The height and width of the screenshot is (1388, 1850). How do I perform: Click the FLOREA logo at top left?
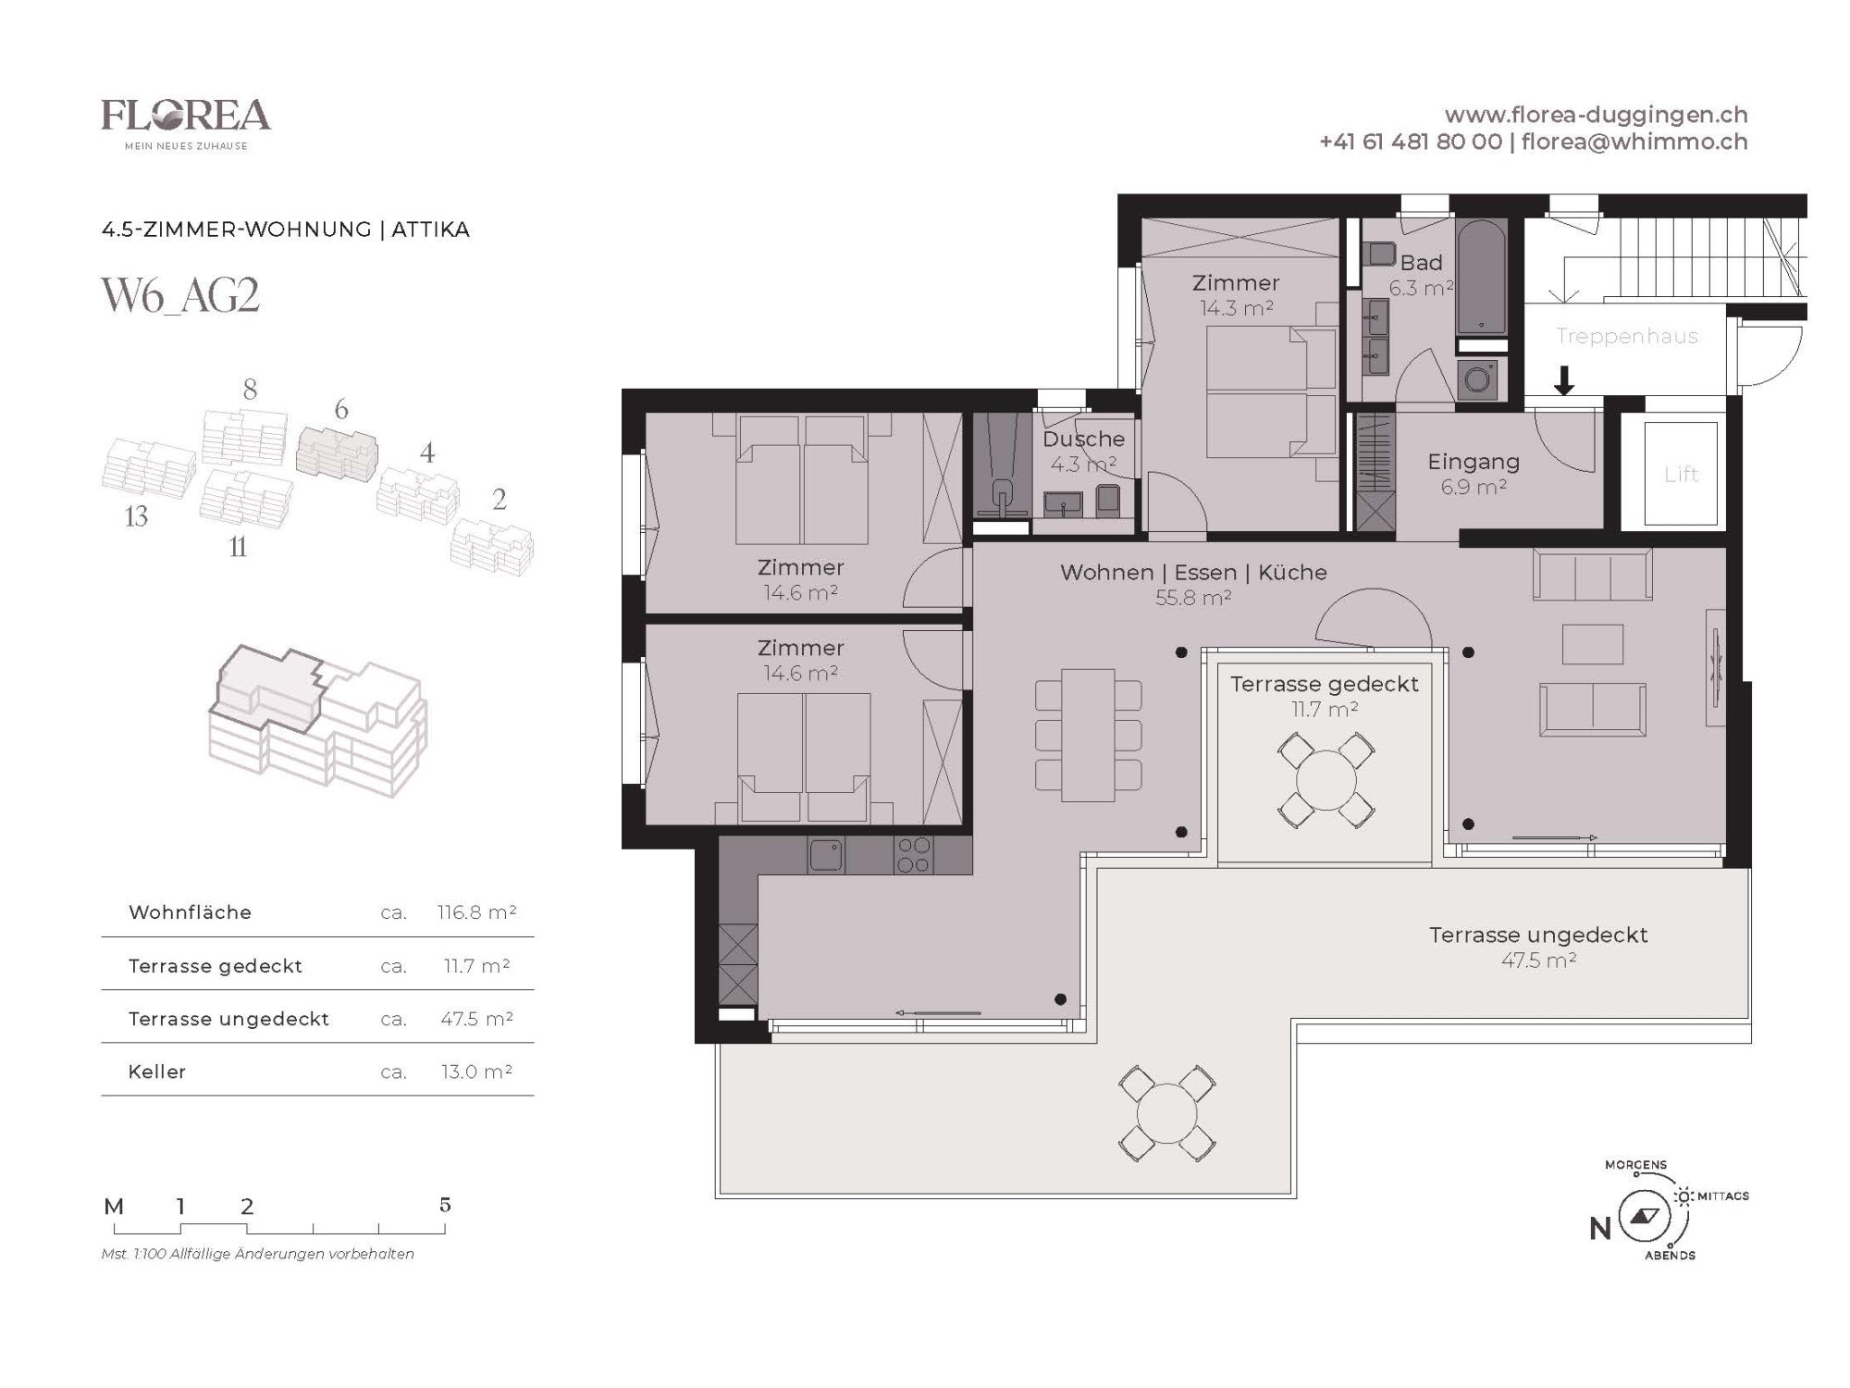[x=186, y=123]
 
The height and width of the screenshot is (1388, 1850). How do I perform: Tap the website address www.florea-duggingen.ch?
[x=1596, y=115]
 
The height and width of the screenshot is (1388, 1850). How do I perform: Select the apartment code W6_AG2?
[x=180, y=296]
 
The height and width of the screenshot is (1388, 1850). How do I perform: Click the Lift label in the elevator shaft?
[x=1681, y=474]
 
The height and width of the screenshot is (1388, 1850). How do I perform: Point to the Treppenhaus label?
[x=1626, y=336]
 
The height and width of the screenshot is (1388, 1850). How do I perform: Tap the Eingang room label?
[x=1474, y=461]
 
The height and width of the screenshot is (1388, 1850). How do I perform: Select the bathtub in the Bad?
[x=1481, y=277]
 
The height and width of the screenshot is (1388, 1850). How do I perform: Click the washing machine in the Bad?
[x=1478, y=379]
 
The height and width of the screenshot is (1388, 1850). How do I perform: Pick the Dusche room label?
[x=1083, y=439]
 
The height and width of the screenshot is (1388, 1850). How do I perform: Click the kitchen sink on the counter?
[x=826, y=855]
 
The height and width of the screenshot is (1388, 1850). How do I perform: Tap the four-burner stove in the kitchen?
[x=913, y=855]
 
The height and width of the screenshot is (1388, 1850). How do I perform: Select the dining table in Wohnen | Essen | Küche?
[x=1088, y=735]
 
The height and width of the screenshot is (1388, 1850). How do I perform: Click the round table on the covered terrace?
[x=1326, y=780]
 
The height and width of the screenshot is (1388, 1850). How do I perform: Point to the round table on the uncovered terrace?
[x=1166, y=1113]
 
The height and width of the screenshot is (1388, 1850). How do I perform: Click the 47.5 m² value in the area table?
[x=476, y=1019]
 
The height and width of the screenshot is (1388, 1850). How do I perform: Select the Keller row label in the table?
[x=157, y=1072]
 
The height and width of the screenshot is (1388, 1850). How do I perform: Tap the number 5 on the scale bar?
[x=445, y=1205]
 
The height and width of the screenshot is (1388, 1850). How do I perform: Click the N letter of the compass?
[x=1600, y=1228]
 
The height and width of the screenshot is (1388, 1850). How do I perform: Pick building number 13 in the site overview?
[x=136, y=516]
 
